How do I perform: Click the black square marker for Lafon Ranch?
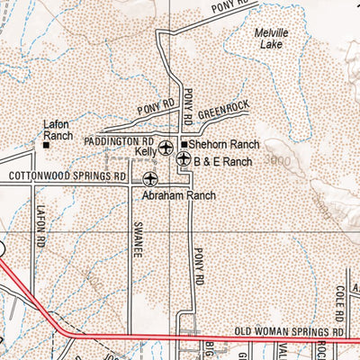tap(47, 143)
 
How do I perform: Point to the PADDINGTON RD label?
tap(118, 142)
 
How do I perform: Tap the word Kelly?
tap(146, 154)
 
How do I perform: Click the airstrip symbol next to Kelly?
tap(166, 147)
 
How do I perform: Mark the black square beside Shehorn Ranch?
tap(184, 144)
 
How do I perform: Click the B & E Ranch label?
tap(222, 160)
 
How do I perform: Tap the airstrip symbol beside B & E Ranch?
tap(184, 159)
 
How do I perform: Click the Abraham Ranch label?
tap(179, 193)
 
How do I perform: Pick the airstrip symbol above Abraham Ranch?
tap(149, 177)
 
